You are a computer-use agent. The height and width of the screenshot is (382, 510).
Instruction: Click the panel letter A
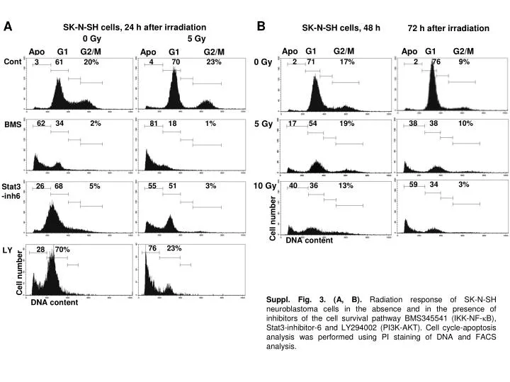point(8,27)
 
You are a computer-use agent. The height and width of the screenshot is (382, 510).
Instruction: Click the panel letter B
point(261,27)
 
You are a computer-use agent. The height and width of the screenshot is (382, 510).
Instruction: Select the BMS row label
point(12,125)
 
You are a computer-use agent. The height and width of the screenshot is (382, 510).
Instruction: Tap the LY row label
point(8,250)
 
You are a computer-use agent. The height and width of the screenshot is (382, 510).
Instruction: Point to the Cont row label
point(13,62)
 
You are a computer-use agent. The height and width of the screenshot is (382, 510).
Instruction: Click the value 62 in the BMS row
point(41,124)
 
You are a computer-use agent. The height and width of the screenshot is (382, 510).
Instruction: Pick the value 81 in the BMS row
point(153,124)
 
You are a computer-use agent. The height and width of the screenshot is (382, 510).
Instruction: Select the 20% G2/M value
point(91,62)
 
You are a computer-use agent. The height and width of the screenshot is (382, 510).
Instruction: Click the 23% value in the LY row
point(174,248)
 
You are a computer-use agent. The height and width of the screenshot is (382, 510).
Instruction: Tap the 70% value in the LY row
point(62,249)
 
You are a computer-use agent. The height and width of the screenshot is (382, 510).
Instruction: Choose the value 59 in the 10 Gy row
point(414,185)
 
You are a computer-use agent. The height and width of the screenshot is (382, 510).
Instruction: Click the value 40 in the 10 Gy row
point(293,185)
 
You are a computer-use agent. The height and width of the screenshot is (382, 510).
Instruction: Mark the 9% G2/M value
point(464,62)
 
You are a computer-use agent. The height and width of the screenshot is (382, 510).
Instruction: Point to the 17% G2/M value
point(347,62)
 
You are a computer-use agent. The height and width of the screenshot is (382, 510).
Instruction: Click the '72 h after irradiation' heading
point(448,28)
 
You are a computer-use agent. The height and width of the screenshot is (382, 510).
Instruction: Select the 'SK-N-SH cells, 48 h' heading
point(341,28)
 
